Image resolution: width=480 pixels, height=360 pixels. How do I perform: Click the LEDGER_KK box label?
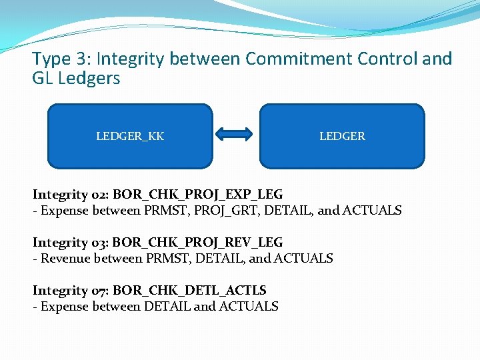(130, 136)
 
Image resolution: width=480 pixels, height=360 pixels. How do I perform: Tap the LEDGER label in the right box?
(342, 136)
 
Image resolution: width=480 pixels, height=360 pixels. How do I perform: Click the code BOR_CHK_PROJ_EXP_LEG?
(198, 194)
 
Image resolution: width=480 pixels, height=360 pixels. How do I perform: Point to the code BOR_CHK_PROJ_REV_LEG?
(198, 242)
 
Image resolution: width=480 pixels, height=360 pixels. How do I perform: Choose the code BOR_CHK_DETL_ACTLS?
(190, 290)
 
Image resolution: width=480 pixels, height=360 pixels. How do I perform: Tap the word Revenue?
(66, 259)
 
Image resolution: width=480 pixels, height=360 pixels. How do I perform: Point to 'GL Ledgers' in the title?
(76, 79)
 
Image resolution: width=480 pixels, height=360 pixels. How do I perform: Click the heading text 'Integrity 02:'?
(71, 194)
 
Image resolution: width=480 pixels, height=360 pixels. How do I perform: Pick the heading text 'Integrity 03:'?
(71, 242)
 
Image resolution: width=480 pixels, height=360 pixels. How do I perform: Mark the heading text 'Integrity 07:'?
(71, 290)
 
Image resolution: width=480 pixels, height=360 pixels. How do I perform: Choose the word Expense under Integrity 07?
(65, 307)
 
